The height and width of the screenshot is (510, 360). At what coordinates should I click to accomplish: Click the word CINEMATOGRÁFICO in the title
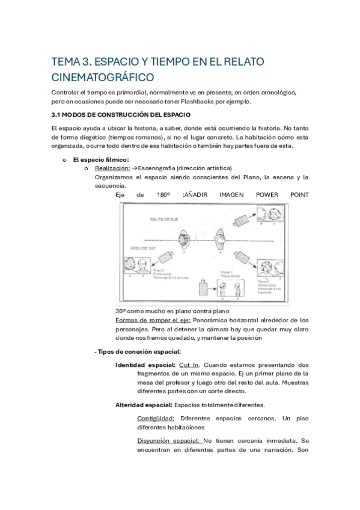point(102,78)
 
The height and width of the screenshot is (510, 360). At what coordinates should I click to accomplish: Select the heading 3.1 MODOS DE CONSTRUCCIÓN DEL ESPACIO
point(120,114)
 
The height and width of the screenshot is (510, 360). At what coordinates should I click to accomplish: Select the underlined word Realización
point(114,168)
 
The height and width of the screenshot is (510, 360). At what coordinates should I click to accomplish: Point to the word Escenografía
point(163,168)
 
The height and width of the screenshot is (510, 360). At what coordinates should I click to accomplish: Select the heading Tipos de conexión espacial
point(139,352)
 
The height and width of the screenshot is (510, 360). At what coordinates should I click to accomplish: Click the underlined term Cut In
point(189,365)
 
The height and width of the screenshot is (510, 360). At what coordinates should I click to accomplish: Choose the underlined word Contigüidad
point(156,418)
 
